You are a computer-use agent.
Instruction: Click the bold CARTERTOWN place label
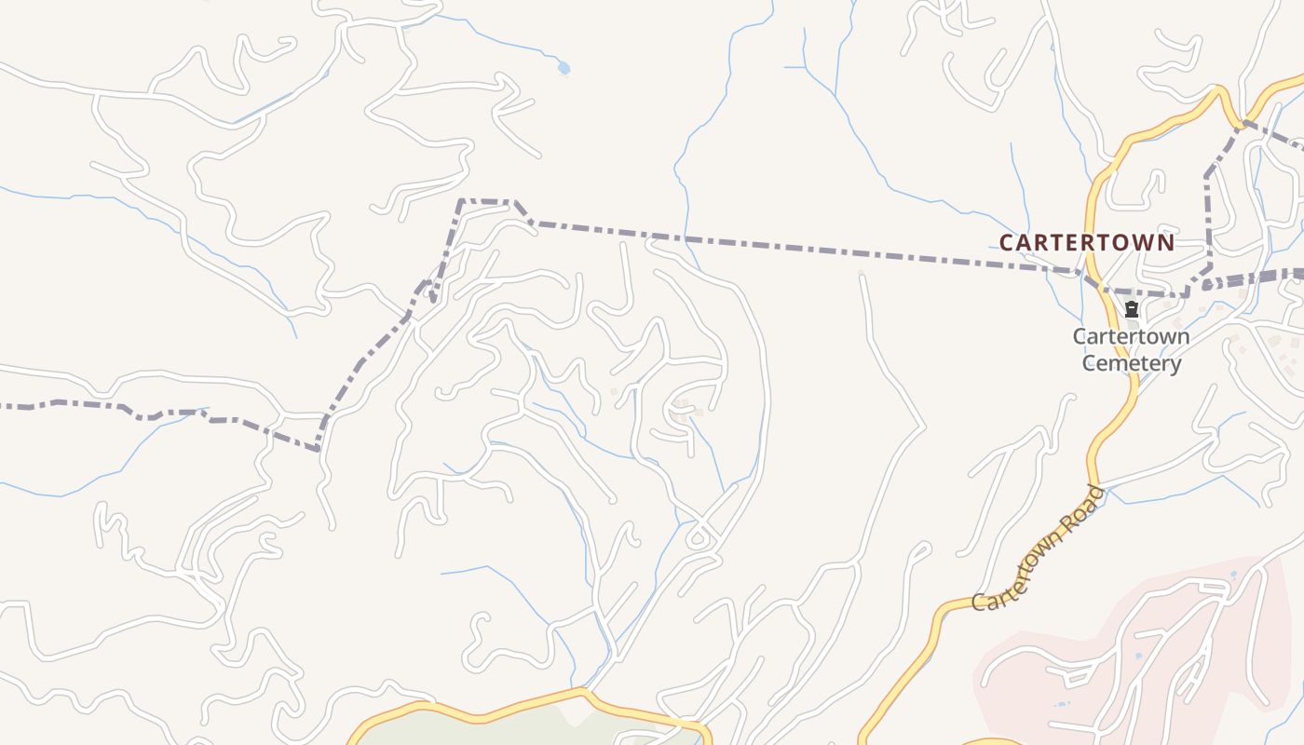pyautogui.click(x=1086, y=243)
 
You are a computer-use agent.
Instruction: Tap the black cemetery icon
pyautogui.click(x=1132, y=309)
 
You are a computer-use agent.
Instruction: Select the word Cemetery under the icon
pyautogui.click(x=1132, y=362)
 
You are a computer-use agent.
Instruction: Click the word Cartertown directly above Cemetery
pyautogui.click(x=1131, y=336)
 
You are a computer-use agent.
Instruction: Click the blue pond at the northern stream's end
pyautogui.click(x=563, y=68)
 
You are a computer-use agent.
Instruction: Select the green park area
pyautogui.click(x=522, y=731)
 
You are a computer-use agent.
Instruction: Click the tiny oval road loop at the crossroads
pyautogui.click(x=697, y=538)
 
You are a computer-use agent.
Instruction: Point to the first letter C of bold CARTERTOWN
pyautogui.click(x=1006, y=243)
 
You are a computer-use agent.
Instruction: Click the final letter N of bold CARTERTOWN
pyautogui.click(x=1166, y=243)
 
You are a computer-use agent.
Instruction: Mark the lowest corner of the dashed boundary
pyautogui.click(x=318, y=449)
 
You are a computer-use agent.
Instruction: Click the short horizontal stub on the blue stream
pyautogui.click(x=794, y=67)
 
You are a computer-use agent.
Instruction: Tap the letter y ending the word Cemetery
pyautogui.click(x=1175, y=364)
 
